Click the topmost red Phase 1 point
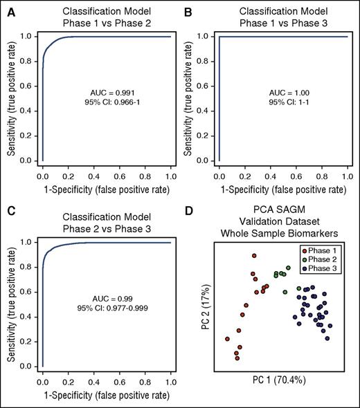254,256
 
